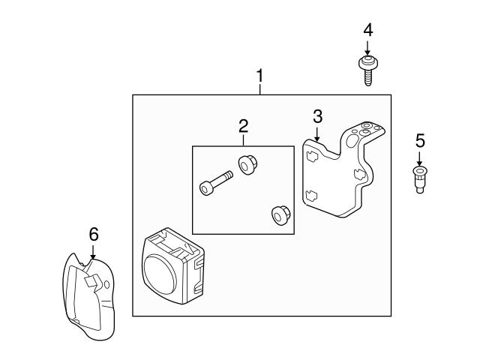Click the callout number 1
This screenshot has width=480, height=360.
click(260, 76)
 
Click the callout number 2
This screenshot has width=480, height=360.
click(243, 125)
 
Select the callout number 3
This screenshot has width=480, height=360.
click(317, 115)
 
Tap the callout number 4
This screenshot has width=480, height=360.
click(367, 30)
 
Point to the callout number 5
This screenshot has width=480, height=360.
click(420, 140)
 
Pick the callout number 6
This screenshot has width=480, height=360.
click(94, 234)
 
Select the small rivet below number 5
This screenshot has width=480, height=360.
click(420, 181)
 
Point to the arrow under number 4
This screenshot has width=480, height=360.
click(367, 49)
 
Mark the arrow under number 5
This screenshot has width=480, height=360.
click(420, 160)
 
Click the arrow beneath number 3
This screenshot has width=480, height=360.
click(317, 134)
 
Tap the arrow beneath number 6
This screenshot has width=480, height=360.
click(93, 253)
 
